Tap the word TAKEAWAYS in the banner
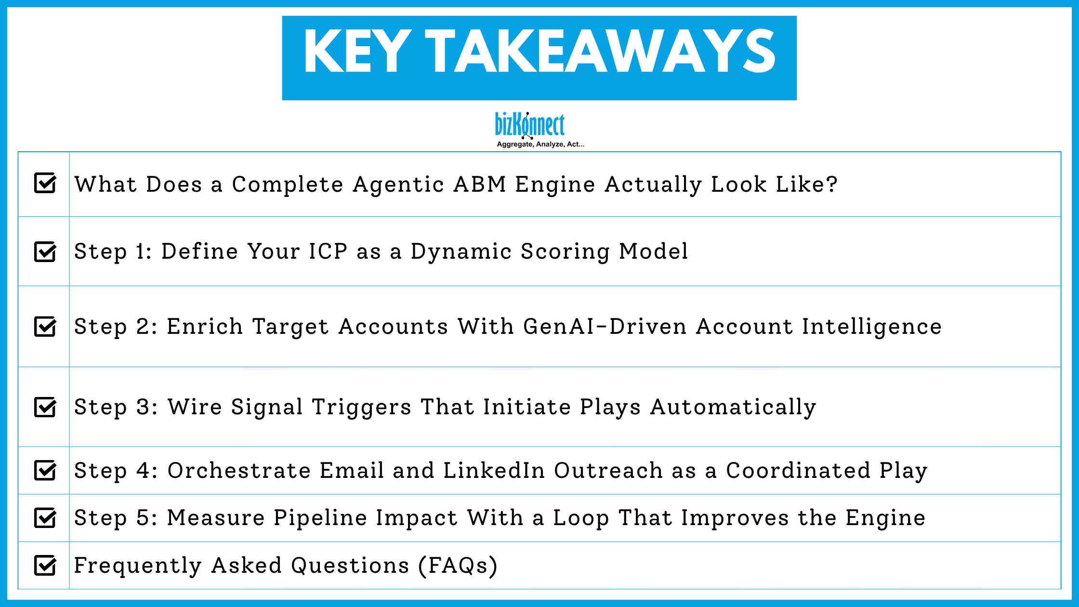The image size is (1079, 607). [x=600, y=51]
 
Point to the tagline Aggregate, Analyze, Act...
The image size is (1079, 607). [x=540, y=144]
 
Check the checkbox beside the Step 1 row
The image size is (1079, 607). [x=45, y=251]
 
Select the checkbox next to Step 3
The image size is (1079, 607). [x=45, y=407]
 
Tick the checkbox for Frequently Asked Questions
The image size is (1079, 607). [x=45, y=565]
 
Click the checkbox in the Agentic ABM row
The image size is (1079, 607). [x=45, y=183]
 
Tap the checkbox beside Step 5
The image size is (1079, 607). [x=45, y=518]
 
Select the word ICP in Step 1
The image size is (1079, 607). [x=328, y=251]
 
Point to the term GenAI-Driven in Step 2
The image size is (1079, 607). [x=605, y=327]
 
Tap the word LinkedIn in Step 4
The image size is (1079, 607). [x=494, y=471]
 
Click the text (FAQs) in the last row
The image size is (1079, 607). [x=458, y=566]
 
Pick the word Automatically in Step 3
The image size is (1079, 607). [x=733, y=408]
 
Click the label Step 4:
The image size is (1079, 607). [x=116, y=471]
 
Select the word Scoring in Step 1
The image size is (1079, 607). [x=565, y=252]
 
